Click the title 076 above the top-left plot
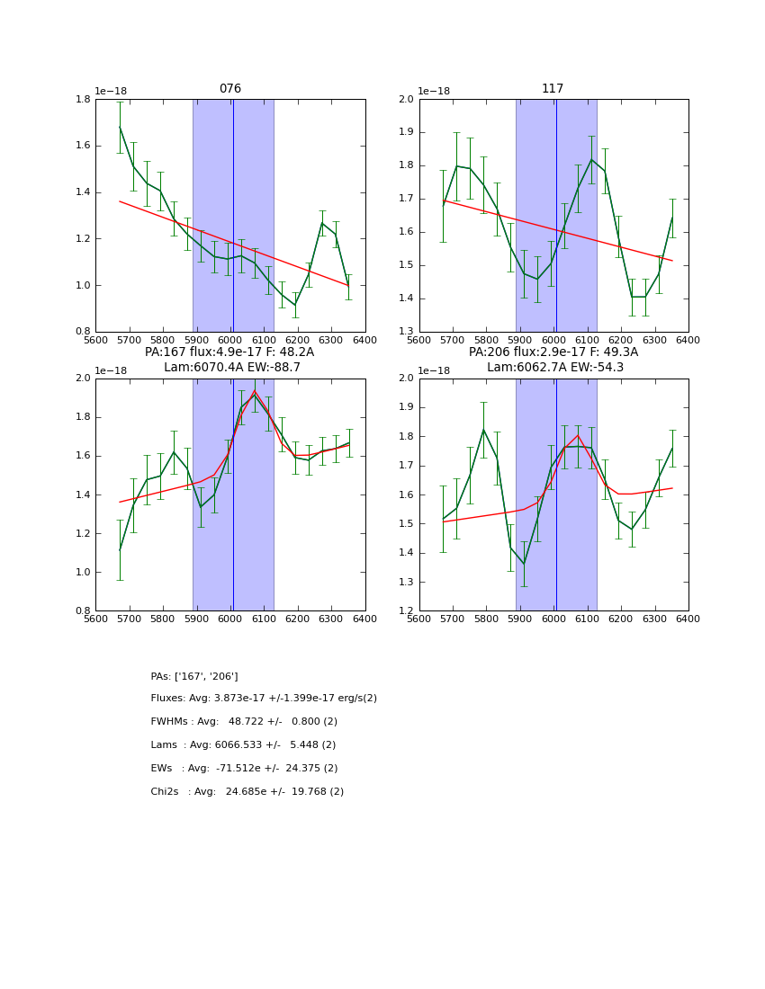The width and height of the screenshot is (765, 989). [x=230, y=89]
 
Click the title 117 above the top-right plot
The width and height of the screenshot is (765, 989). [x=553, y=89]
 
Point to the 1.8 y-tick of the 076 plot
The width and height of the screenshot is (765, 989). [x=82, y=99]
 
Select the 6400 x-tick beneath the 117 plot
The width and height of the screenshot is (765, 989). [x=688, y=341]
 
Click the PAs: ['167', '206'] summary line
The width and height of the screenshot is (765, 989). [x=194, y=676]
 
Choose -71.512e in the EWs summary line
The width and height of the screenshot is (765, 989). [x=238, y=769]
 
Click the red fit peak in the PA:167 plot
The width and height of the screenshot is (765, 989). [x=255, y=392]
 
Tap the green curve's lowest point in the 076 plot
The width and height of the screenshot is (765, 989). [x=294, y=305]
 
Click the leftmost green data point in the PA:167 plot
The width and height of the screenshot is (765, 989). [x=120, y=549]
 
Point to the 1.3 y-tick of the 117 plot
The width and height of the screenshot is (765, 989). [x=406, y=332]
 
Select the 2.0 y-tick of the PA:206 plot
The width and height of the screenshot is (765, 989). [x=406, y=378]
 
